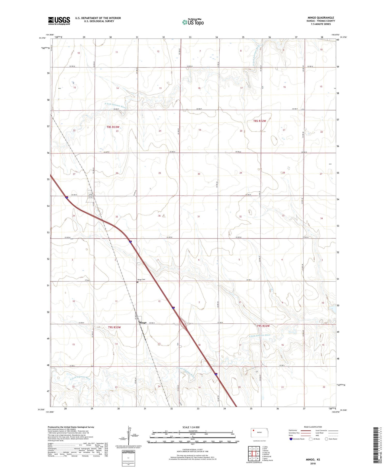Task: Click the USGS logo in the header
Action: pyautogui.click(x=59, y=21)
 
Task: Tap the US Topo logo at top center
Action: pyautogui.click(x=193, y=22)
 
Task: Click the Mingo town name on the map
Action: pyautogui.click(x=143, y=323)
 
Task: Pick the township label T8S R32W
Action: pyautogui.click(x=259, y=121)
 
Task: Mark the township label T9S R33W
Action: pyautogui.click(x=114, y=327)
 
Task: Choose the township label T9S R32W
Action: pyautogui.click(x=263, y=326)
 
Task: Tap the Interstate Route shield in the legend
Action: pyautogui.click(x=291, y=439)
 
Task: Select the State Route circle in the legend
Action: pyautogui.click(x=326, y=439)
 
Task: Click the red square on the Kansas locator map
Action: pyautogui.click(x=254, y=431)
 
